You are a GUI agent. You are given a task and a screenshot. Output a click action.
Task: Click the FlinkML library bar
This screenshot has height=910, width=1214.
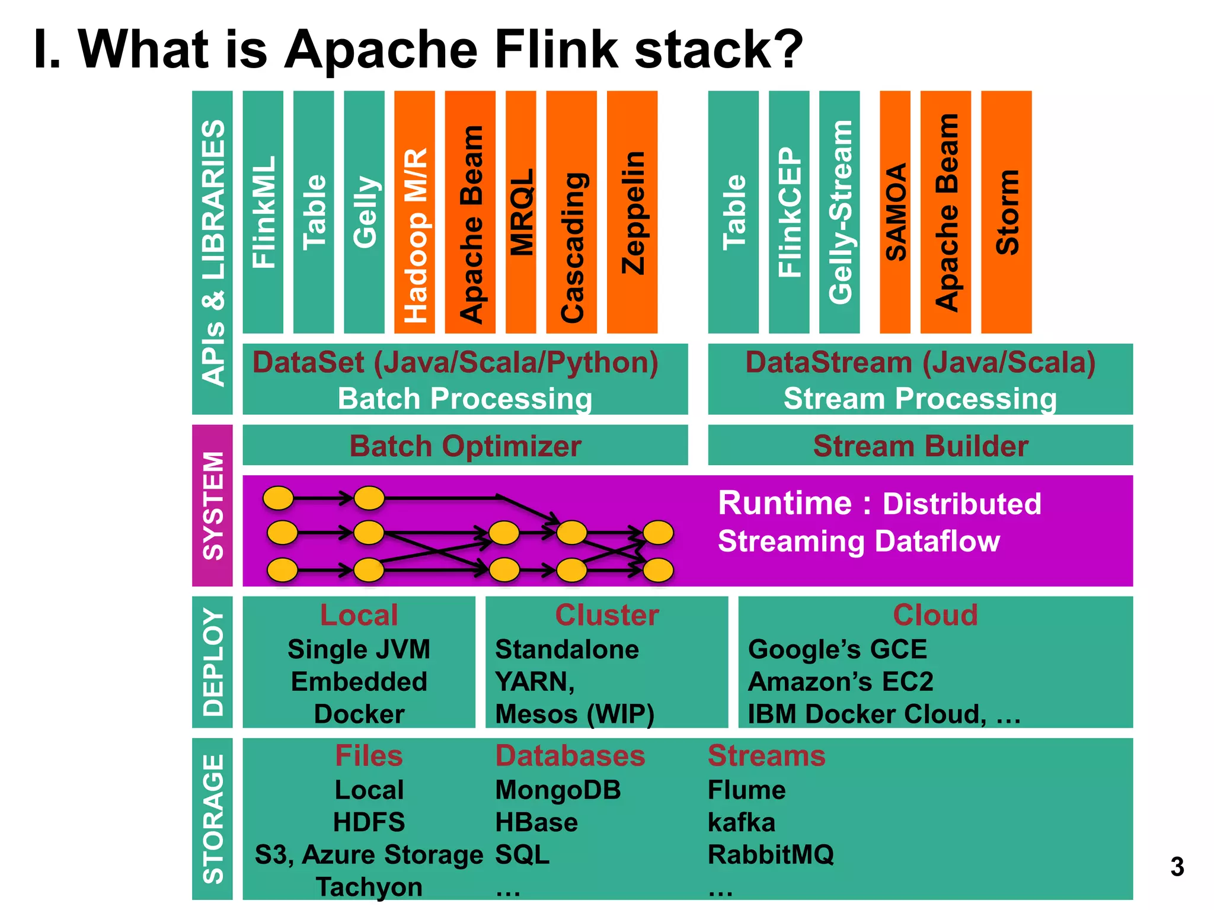tap(263, 212)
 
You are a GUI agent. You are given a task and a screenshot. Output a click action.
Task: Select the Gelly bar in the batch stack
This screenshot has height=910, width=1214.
tap(364, 212)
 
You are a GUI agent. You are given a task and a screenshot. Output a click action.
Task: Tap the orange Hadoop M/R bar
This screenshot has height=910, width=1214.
tap(414, 212)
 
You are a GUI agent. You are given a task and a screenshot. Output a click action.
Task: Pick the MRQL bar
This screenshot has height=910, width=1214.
tap(521, 212)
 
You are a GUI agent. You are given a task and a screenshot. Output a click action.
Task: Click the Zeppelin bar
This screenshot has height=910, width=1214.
tap(632, 212)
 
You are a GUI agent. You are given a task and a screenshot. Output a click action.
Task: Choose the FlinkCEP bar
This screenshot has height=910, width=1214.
tap(789, 212)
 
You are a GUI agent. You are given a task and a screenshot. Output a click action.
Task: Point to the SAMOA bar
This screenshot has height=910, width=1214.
tap(895, 212)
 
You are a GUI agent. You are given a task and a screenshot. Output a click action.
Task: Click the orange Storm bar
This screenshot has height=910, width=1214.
tap(1006, 212)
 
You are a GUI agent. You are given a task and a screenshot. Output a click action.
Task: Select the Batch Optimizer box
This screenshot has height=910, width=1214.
tap(465, 446)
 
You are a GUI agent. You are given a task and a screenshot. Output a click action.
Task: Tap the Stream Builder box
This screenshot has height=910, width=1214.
tap(920, 446)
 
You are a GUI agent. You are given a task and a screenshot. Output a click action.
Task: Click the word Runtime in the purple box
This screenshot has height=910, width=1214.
tap(785, 504)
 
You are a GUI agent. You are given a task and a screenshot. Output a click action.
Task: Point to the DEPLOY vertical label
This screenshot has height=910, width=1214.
tap(213, 662)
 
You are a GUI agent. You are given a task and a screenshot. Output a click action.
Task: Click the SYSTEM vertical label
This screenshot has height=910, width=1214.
tap(213, 505)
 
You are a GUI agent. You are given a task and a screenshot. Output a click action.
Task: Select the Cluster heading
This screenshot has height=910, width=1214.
tap(607, 615)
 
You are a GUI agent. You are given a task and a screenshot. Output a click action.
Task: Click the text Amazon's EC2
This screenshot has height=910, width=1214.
tap(841, 681)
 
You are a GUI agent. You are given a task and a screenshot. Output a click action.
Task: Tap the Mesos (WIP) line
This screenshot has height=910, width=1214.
tap(574, 714)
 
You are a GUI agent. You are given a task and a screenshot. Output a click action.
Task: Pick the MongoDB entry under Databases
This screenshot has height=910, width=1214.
tap(558, 790)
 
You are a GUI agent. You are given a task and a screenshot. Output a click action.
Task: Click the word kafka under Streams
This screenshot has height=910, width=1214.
tap(741, 822)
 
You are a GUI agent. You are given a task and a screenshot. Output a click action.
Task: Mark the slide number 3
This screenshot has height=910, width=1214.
tap(1177, 867)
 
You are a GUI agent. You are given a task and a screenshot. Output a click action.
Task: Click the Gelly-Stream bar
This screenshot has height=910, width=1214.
tap(839, 212)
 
